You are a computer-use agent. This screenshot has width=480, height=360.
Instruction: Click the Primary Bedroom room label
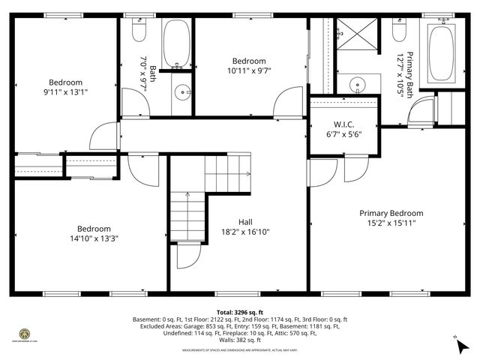point(391,213)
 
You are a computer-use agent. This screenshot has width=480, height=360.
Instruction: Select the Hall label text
point(245,222)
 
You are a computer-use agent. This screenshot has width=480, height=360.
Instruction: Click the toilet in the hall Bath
point(136,31)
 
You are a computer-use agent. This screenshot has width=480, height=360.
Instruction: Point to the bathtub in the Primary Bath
point(440,54)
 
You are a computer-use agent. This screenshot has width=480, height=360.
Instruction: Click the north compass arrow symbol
point(460,346)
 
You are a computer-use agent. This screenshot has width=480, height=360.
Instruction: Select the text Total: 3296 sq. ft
point(239,311)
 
